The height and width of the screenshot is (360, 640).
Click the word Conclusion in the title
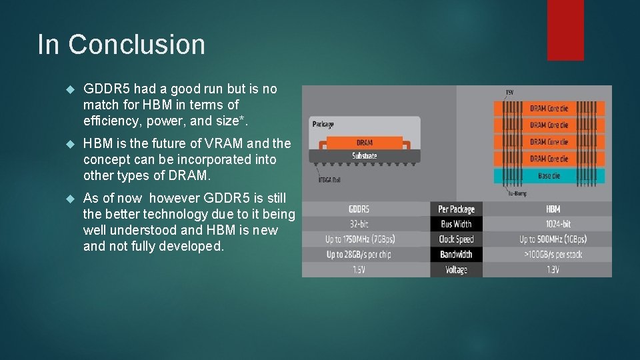pos(137,45)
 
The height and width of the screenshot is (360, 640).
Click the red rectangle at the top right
pos(565,30)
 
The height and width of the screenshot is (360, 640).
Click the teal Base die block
pos(549,176)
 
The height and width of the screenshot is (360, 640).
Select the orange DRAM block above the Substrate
pos(365,143)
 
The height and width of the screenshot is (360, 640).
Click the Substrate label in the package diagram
pos(365,155)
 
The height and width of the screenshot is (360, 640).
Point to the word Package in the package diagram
pos(323,124)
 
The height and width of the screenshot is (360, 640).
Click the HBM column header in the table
pos(553,209)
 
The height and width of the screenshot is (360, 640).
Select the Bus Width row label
pos(456,224)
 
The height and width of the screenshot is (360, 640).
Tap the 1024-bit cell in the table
pos(553,224)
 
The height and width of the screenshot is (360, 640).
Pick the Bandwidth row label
pos(456,254)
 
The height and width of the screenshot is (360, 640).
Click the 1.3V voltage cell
pos(553,269)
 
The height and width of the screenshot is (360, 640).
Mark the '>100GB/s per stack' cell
pos(553,254)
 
